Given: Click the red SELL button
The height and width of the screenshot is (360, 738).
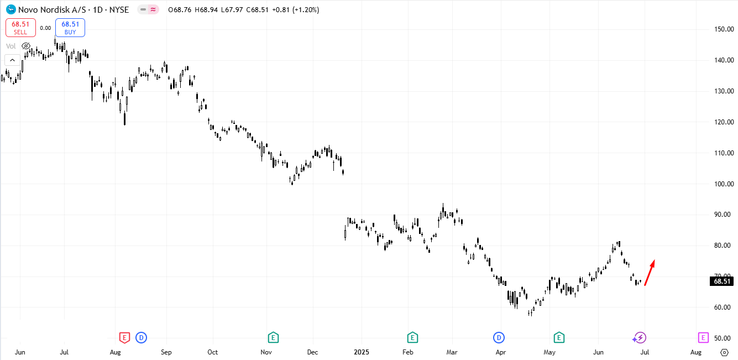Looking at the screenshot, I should pyautogui.click(x=20, y=28).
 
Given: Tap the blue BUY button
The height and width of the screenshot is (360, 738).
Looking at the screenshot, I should pyautogui.click(x=70, y=28).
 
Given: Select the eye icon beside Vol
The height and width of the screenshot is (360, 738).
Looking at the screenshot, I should pyautogui.click(x=26, y=46).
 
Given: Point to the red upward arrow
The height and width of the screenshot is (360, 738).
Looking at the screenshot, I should pyautogui.click(x=650, y=272).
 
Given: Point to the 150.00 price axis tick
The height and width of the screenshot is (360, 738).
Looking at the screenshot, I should pyautogui.click(x=723, y=29).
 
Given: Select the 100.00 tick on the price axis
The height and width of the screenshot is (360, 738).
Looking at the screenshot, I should pyautogui.click(x=723, y=184).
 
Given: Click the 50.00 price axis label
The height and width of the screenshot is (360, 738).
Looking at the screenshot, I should pyautogui.click(x=723, y=338).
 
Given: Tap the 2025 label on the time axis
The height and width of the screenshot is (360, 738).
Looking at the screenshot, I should pyautogui.click(x=361, y=352).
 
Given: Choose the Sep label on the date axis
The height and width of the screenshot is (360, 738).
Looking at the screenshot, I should pyautogui.click(x=166, y=352).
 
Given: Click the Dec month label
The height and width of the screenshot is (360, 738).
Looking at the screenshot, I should pyautogui.click(x=312, y=352).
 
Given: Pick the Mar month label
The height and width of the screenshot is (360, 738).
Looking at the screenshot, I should pyautogui.click(x=452, y=352).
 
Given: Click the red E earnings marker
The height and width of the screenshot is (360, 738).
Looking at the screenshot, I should pyautogui.click(x=125, y=337).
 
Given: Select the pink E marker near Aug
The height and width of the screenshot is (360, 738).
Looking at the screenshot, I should pyautogui.click(x=703, y=337).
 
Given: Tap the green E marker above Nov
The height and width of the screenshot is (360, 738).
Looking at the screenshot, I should pyautogui.click(x=273, y=337).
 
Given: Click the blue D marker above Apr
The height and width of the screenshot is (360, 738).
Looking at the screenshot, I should pyautogui.click(x=499, y=337).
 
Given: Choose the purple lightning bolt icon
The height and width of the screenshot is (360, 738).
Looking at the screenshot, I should pyautogui.click(x=640, y=337).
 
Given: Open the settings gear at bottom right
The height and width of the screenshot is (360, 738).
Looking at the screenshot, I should pyautogui.click(x=725, y=352).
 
